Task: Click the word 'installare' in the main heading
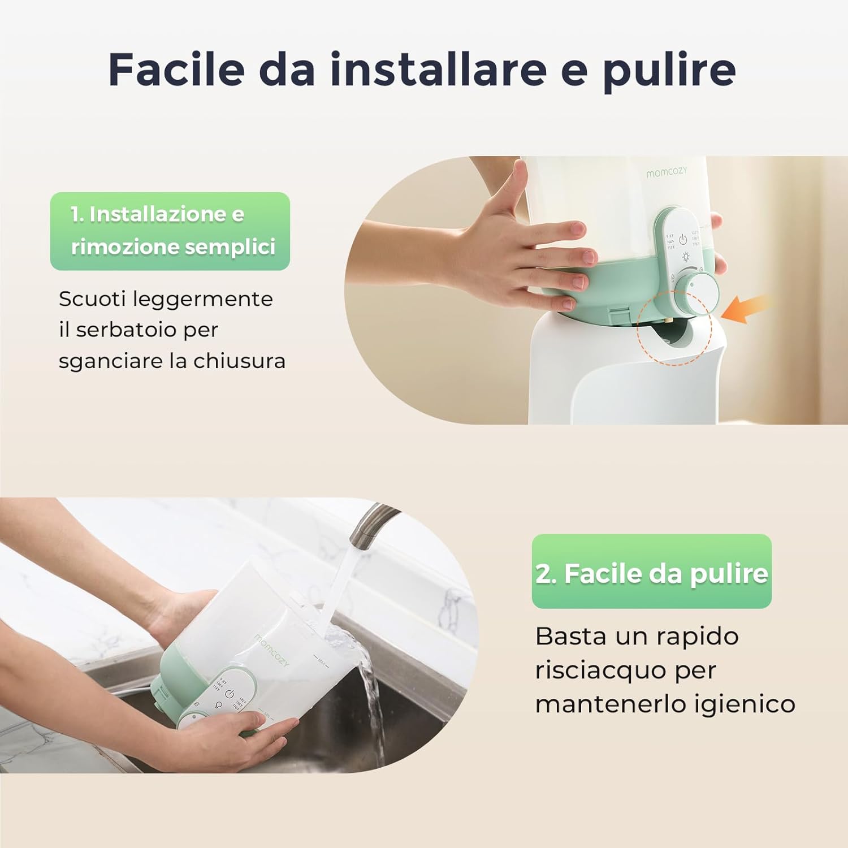438,70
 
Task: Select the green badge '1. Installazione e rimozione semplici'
170,231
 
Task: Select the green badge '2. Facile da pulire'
651,572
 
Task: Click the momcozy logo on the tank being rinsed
271,650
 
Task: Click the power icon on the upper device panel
683,239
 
